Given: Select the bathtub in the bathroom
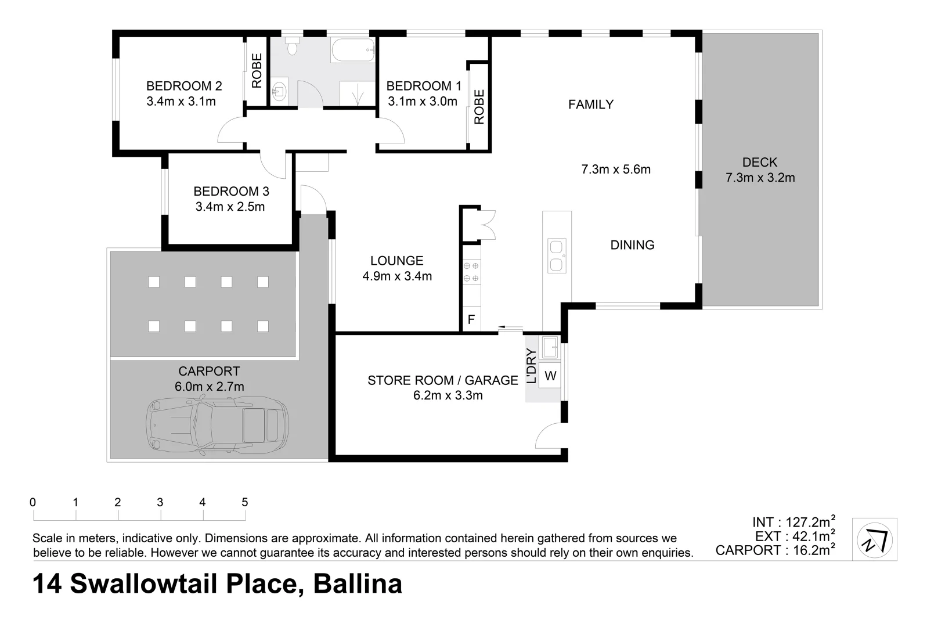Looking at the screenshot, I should point(353,51).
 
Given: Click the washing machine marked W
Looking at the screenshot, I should point(550,376).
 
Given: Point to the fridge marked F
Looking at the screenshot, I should point(471,319).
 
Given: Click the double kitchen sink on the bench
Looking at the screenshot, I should point(557,256).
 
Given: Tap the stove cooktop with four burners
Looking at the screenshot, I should point(471,272).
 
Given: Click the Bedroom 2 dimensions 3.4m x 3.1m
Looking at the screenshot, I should point(181,102).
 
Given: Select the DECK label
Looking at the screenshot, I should point(759,163).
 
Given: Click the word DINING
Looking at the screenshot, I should point(632,245).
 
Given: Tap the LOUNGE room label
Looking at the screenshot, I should point(397,261).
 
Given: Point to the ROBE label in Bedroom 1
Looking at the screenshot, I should point(479,107).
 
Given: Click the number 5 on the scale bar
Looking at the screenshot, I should point(244,502).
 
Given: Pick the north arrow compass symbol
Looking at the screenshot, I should point(874,539).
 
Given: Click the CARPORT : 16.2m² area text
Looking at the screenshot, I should point(774,550).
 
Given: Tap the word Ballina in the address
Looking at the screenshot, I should point(358,584).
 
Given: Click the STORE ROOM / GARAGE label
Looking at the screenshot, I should point(442,380).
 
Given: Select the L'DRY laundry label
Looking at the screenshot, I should point(531,366).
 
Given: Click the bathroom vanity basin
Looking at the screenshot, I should point(280,92).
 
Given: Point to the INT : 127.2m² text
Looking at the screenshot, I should point(793,522).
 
